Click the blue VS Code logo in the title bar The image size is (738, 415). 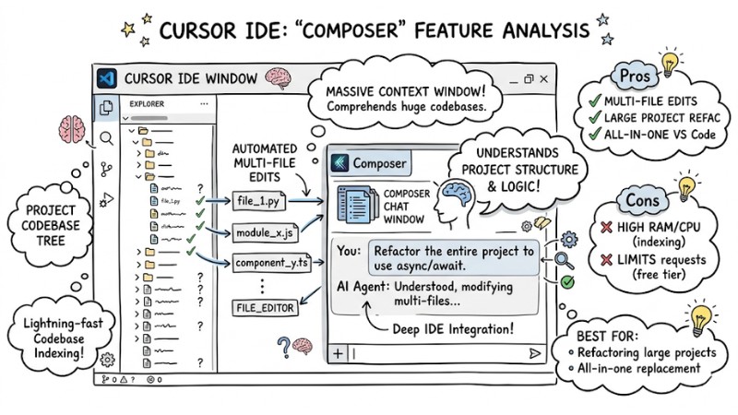click(x=107, y=78)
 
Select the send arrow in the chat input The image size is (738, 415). click(x=534, y=352)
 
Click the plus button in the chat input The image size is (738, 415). click(x=338, y=353)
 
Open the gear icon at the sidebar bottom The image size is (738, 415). click(x=107, y=359)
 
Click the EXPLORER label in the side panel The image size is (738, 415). click(x=147, y=104)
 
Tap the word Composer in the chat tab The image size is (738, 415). click(x=378, y=163)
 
